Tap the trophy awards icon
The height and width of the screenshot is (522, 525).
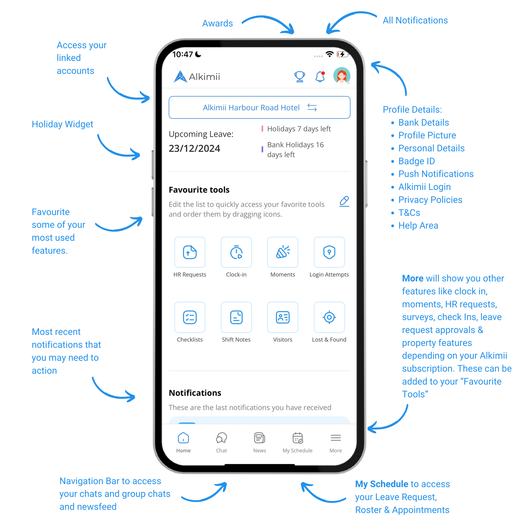pyautogui.click(x=299, y=76)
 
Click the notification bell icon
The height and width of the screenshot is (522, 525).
pyautogui.click(x=320, y=76)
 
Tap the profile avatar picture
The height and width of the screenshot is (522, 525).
pyautogui.click(x=342, y=76)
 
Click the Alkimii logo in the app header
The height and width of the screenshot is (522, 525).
pyautogui.click(x=197, y=76)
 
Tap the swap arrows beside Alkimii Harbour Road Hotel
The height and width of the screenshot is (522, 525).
pyautogui.click(x=312, y=107)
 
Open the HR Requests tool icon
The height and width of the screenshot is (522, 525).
pyautogui.click(x=190, y=252)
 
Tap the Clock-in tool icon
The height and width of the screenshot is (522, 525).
pyautogui.click(x=236, y=252)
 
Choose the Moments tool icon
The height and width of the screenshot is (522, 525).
pyautogui.click(x=283, y=252)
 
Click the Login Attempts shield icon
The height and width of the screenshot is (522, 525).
pyautogui.click(x=329, y=252)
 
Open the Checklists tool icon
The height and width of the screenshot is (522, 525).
pyautogui.click(x=190, y=317)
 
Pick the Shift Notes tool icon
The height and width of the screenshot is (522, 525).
pyautogui.click(x=236, y=317)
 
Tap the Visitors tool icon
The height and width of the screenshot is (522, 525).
pyautogui.click(x=283, y=317)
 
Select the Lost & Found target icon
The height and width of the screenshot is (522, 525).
pyautogui.click(x=329, y=317)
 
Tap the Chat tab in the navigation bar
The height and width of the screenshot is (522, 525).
pyautogui.click(x=222, y=442)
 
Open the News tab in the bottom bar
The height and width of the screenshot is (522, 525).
pyautogui.click(x=259, y=442)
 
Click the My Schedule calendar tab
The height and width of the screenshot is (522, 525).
pyautogui.click(x=298, y=442)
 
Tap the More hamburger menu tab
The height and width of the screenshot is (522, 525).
pyautogui.click(x=336, y=442)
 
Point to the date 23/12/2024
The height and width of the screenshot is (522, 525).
pyautogui.click(x=194, y=148)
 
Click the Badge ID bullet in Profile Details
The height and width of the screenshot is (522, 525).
pyautogui.click(x=417, y=161)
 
